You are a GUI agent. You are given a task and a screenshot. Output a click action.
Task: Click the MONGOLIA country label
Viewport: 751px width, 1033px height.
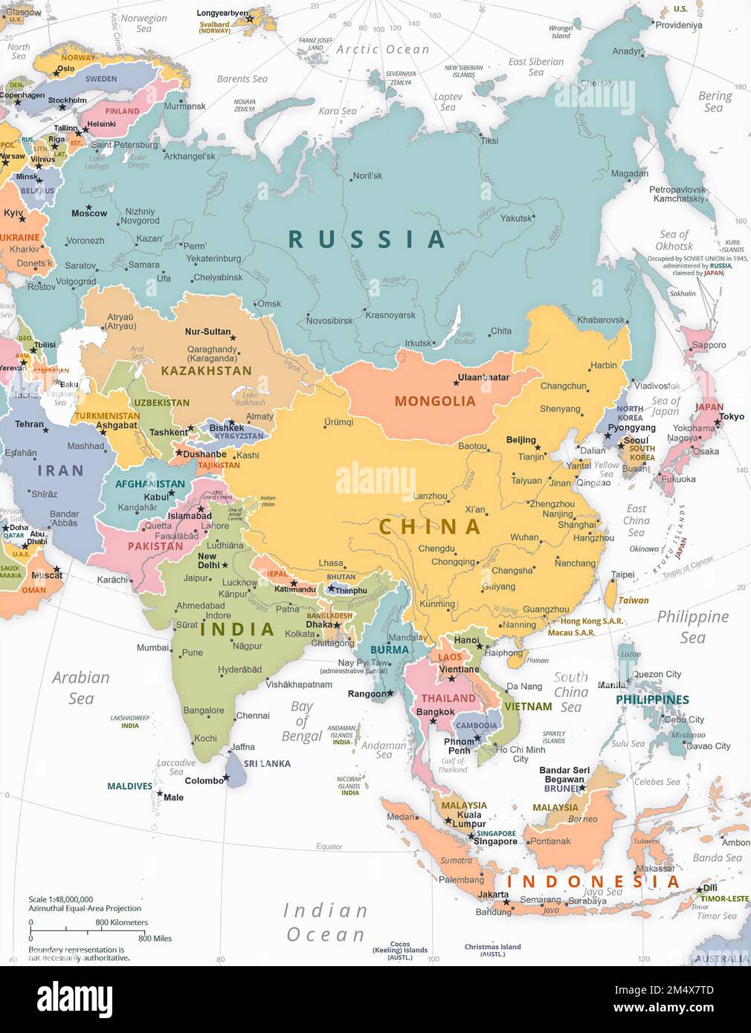[434, 401]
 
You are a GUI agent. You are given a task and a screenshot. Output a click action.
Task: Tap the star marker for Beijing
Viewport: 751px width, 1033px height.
[538, 447]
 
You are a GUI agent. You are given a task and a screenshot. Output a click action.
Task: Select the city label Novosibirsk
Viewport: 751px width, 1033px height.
[329, 321]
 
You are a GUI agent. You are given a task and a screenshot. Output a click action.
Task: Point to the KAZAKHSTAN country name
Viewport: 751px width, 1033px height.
[206, 370]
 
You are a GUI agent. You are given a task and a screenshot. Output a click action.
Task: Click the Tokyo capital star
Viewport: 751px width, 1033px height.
[718, 423]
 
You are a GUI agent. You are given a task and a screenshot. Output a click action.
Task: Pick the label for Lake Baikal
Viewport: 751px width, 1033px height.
[465, 337]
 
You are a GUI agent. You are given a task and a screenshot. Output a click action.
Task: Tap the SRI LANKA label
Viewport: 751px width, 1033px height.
[267, 763]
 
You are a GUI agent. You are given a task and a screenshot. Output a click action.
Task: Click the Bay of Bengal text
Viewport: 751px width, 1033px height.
[301, 721]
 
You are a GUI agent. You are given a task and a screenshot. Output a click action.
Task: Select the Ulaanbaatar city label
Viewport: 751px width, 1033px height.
[483, 378]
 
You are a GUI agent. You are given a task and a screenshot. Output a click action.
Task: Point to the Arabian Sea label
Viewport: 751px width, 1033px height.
[80, 687]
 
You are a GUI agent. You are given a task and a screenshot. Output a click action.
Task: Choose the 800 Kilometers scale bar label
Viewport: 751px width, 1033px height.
[121, 922]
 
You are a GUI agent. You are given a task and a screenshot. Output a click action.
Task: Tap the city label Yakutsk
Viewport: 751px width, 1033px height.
[516, 218]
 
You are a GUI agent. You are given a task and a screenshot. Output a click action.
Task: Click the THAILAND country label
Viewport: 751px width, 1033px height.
[448, 698]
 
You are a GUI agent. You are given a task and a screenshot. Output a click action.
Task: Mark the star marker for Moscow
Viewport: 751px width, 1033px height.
[88, 207]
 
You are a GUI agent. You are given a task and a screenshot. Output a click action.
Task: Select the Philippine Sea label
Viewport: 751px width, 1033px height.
[692, 626]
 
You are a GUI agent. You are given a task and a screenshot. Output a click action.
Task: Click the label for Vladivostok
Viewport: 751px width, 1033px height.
[657, 386]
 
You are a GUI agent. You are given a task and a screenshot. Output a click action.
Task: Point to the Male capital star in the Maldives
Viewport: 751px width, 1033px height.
[159, 793]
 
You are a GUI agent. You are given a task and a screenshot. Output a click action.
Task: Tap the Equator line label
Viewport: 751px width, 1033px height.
[329, 846]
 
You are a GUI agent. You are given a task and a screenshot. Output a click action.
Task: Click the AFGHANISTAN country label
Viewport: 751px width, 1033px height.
[149, 484]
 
